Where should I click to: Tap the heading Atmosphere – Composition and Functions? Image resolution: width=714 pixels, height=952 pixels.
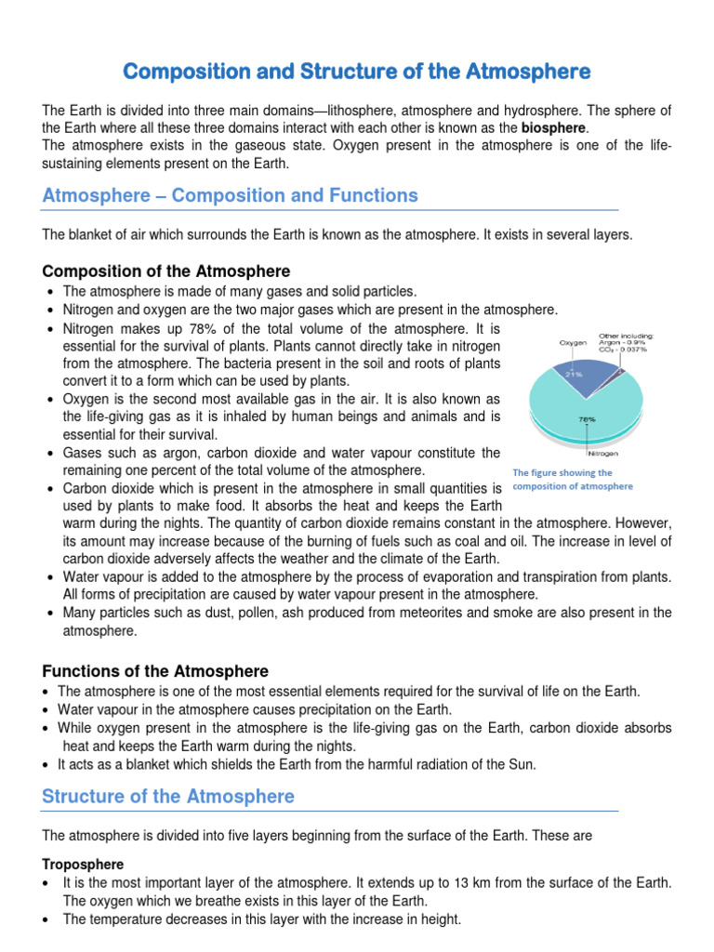coord(231,195)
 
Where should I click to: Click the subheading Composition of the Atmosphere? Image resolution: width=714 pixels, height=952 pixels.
coord(166,271)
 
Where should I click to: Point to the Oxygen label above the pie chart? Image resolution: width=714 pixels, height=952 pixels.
coord(573,342)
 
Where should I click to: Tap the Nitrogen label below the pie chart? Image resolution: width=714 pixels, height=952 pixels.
coord(602,454)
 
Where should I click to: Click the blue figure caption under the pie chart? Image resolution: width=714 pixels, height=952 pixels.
coord(573,479)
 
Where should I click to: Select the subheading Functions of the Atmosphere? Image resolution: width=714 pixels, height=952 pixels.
coord(156,671)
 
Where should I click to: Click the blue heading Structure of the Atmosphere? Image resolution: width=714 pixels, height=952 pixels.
coord(168,796)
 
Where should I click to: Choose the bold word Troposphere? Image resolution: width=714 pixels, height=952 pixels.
coord(83,864)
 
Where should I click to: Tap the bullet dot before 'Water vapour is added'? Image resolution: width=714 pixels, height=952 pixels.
coord(49,577)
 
